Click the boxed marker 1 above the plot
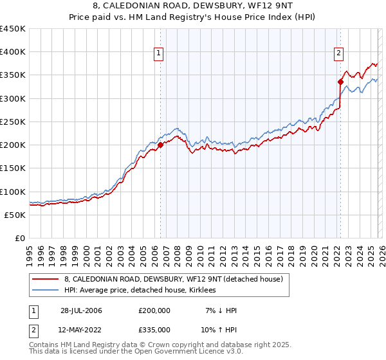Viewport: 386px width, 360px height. tap(159, 54)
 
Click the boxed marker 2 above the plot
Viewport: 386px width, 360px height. tap(338, 54)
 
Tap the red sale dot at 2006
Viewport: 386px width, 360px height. tap(160, 145)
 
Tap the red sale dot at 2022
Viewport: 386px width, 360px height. tap(340, 82)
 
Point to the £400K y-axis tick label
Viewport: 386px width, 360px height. tap(13, 52)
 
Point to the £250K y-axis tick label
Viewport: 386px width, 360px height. tap(13, 122)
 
